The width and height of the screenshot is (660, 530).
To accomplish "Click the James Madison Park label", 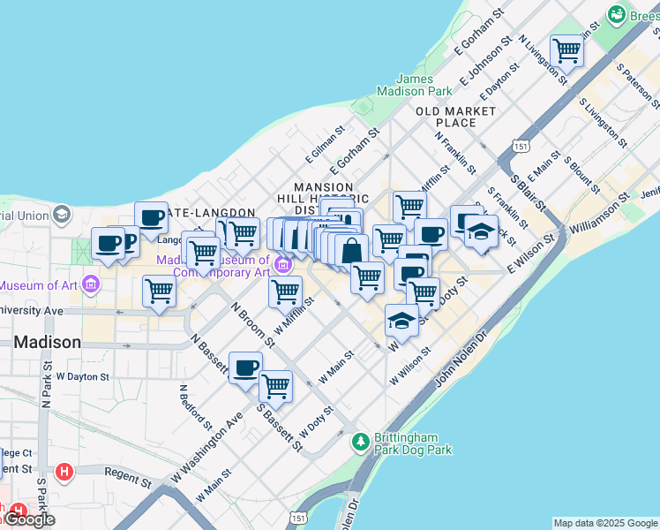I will [x=414, y=85].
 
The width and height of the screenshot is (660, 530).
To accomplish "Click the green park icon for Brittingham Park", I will [x=360, y=440].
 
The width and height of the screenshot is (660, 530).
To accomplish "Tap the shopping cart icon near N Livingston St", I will [x=566, y=50].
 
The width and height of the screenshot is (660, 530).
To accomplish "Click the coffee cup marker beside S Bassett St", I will [x=245, y=367].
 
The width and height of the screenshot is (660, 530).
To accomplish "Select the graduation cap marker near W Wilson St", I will [x=401, y=321].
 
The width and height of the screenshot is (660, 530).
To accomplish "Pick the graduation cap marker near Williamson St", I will [x=481, y=232].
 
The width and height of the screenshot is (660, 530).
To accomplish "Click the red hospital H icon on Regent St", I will [x=63, y=472].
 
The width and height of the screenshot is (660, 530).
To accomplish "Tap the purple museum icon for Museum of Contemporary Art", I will [x=283, y=264].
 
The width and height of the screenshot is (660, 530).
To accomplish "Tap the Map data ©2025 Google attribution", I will [x=605, y=523].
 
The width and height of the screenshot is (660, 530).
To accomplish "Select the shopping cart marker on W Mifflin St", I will [x=285, y=291].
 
